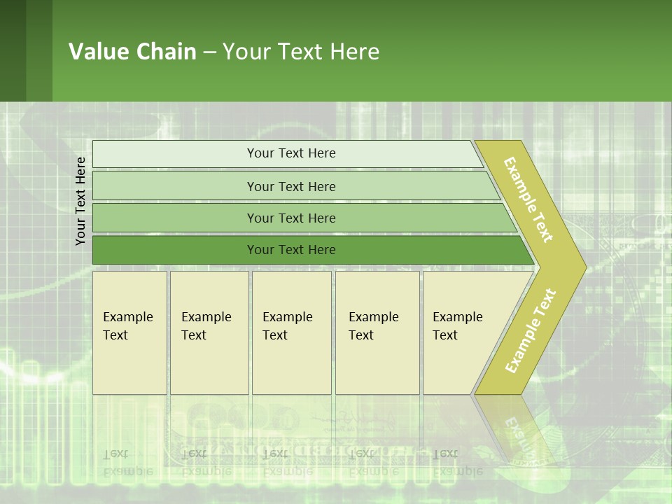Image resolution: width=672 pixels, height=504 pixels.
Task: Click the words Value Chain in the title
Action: click(x=132, y=52)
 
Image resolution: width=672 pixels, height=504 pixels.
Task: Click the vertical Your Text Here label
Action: click(x=80, y=201)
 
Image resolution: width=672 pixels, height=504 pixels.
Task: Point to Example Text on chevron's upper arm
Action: click(x=528, y=199)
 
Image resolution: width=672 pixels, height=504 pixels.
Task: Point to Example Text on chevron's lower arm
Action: click(x=531, y=330)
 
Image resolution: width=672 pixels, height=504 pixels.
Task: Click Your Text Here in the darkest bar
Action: click(x=291, y=250)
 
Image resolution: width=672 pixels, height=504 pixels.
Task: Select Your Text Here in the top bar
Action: click(x=291, y=153)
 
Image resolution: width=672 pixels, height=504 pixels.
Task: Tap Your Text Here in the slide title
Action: click(x=301, y=52)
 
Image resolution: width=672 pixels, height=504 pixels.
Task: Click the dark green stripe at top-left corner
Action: click(x=13, y=50)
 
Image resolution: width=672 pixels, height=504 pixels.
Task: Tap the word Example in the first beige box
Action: click(x=127, y=317)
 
